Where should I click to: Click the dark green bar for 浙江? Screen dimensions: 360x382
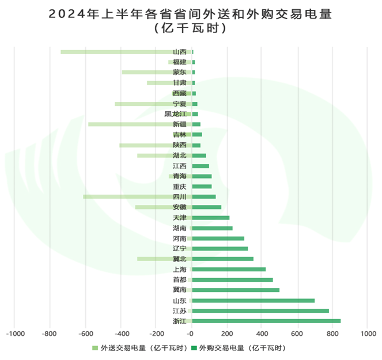pos(266,321)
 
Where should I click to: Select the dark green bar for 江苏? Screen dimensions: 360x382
pos(260,310)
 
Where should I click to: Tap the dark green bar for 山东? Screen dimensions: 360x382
pos(253,300)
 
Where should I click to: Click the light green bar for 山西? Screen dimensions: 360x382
pos(115,52)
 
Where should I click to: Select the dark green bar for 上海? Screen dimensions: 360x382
pos(228,269)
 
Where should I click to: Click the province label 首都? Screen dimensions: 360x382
pos(179,279)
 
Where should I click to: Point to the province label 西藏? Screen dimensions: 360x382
pos(179,93)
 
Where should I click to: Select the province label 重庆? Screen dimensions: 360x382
pos(179,187)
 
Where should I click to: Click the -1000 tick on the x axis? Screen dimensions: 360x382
pos(15,334)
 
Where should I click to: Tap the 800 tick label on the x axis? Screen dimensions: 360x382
pos(332,334)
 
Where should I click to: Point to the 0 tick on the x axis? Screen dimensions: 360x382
pos(191,334)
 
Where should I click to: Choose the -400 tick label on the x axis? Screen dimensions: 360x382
pos(121,334)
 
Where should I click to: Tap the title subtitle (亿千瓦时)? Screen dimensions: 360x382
pos(191,28)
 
